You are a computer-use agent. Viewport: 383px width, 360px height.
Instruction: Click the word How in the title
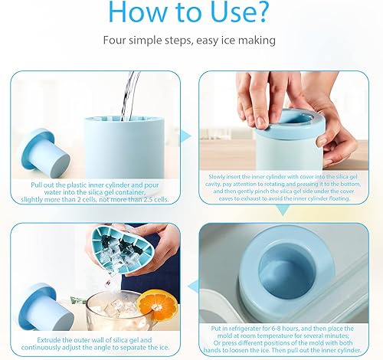[140, 12]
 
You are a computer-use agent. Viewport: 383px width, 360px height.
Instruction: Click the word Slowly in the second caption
[218, 176]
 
